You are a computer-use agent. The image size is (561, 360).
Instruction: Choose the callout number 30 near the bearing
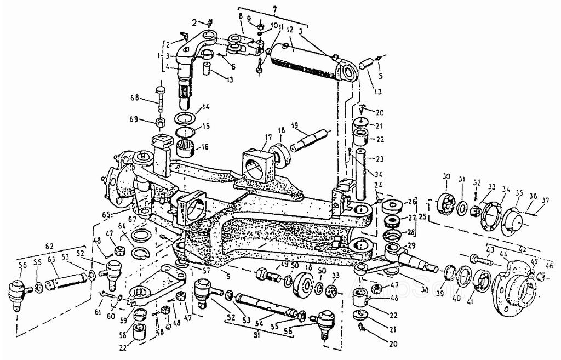(446, 176)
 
